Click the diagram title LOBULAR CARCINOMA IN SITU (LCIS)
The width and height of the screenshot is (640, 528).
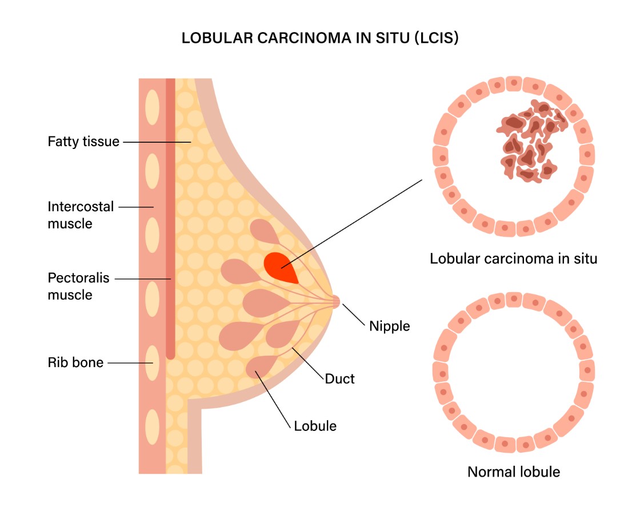pos(320,39)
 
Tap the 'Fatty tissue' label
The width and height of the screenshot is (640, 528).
pos(83,141)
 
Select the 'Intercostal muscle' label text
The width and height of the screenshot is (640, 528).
pos(81,215)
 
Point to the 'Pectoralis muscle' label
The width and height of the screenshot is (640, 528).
pos(78,287)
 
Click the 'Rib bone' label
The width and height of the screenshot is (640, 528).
pos(75,362)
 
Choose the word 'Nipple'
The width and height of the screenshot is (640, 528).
pos(389,327)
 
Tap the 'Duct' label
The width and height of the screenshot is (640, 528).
pos(339,378)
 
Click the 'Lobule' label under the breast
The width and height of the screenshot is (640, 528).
pos(315,426)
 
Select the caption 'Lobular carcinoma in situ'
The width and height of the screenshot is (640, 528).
pos(513,259)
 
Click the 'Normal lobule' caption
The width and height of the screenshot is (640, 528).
pos(513,472)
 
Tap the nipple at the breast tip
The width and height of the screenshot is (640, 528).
pos(335,301)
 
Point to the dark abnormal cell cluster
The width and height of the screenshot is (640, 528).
pos(529,140)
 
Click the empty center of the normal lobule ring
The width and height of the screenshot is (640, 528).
pos(513,372)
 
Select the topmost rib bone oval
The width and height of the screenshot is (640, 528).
pos(152,107)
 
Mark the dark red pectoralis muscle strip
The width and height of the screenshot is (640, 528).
pos(170,228)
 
